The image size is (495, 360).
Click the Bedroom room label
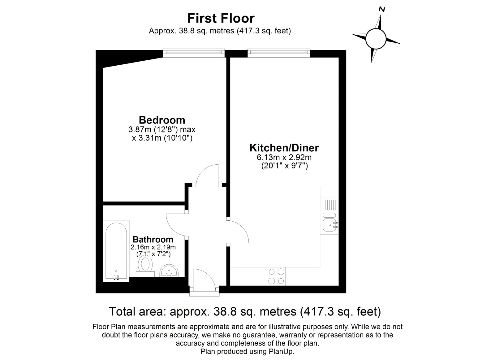[x=162, y=120]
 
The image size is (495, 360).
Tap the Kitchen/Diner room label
[x=284, y=148]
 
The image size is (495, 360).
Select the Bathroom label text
[x=153, y=239]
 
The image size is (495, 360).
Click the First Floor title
[x=221, y=18]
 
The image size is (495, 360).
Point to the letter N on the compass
[x=382, y=10]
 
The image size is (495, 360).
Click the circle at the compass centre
[x=376, y=39]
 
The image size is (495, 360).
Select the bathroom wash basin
[x=169, y=271]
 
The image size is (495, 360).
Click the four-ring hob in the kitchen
[x=276, y=276]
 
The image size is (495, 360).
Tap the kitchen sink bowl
[x=329, y=225]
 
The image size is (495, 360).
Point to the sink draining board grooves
[x=329, y=204]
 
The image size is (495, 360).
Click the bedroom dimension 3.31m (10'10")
[x=162, y=138]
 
